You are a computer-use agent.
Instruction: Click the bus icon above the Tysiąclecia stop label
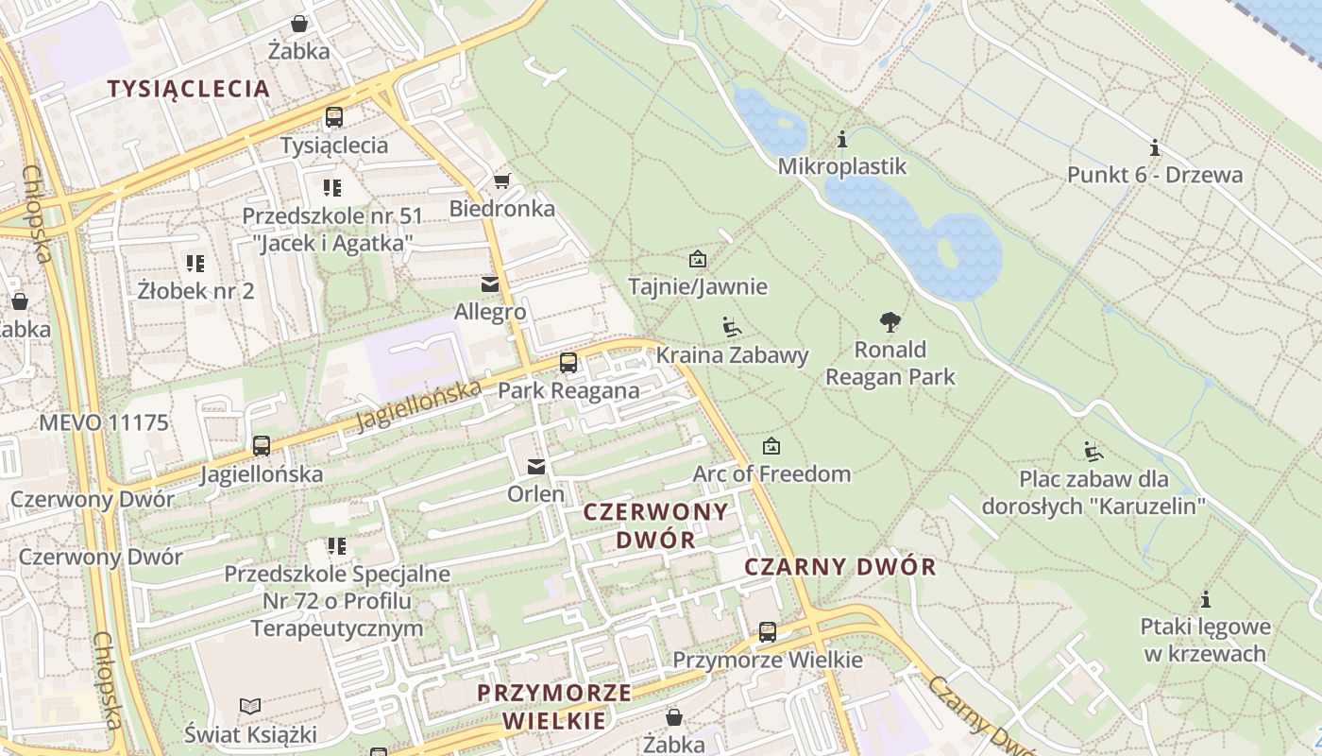click(334, 117)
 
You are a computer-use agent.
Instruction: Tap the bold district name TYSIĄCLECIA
click(188, 89)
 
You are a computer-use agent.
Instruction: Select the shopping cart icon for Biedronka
click(501, 180)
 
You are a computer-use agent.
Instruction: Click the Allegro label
click(490, 312)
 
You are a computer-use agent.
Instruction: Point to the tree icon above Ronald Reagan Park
click(890, 322)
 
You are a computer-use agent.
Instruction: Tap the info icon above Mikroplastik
click(842, 140)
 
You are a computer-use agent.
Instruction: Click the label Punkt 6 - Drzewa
click(1155, 175)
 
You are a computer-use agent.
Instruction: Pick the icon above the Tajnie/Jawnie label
click(698, 258)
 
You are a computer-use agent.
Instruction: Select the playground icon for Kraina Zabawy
click(732, 327)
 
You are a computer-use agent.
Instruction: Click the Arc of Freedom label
click(771, 473)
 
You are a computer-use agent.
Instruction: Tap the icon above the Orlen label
click(536, 466)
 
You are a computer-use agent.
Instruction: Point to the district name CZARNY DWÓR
click(840, 567)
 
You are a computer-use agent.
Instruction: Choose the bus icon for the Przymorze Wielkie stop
click(768, 631)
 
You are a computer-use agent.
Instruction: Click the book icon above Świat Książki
click(250, 706)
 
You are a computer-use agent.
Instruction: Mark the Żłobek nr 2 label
click(195, 290)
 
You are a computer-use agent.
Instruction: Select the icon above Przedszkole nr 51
click(331, 187)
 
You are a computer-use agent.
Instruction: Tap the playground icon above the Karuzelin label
click(1093, 451)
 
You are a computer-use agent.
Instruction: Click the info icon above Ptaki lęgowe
click(1205, 599)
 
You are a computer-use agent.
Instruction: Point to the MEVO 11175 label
click(104, 422)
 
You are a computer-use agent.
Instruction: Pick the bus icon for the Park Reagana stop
click(568, 363)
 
